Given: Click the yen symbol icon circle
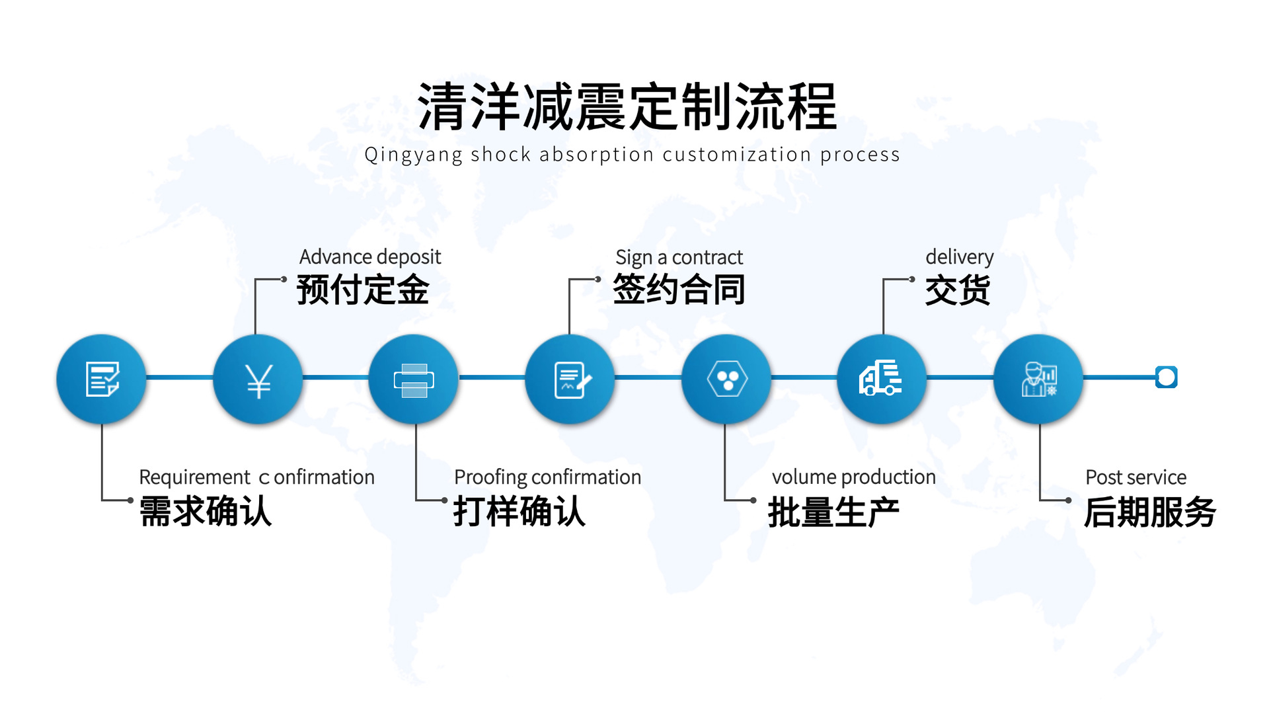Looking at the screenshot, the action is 258,379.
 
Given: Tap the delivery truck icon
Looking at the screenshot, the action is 880,378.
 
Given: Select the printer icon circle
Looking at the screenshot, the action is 414,379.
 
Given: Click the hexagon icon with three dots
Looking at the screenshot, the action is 727,379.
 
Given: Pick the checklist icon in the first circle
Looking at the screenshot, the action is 102,379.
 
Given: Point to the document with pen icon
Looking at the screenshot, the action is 572,380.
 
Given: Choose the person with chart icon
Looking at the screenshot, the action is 1039,379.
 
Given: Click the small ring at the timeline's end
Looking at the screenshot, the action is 1167,377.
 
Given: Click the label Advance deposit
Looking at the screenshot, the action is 370,257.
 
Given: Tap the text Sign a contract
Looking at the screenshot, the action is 679,257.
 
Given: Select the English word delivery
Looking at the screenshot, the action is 959,257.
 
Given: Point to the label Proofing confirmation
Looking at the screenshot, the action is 547,477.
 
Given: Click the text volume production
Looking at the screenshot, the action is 853,477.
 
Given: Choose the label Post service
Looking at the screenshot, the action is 1135,477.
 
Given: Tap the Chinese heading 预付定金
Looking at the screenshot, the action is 363,290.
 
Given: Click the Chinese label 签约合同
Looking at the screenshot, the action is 679,290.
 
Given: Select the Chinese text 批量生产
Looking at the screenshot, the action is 833,512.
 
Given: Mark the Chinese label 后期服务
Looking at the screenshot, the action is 1149,512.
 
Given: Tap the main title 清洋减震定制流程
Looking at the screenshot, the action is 627,106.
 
